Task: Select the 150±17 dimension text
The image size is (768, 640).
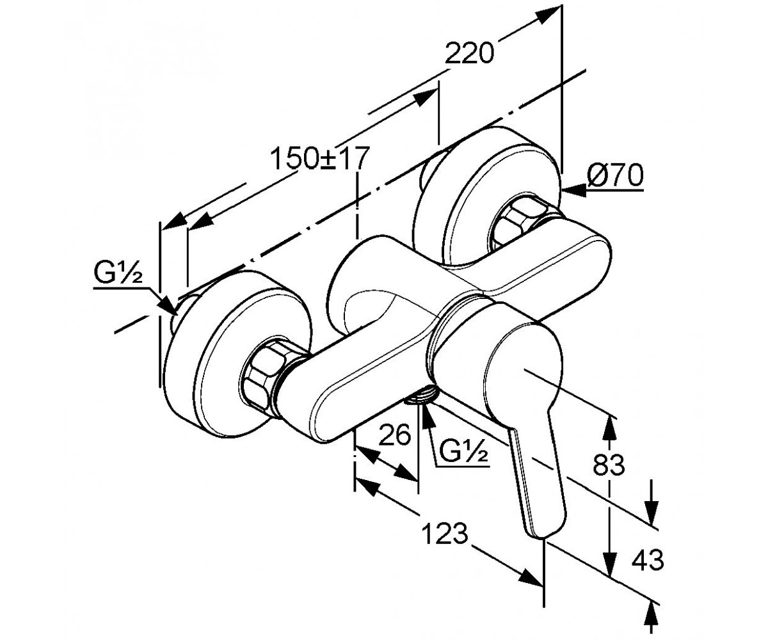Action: tap(319, 158)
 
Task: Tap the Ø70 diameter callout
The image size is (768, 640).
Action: tap(615, 176)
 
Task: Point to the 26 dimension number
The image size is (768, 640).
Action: tap(394, 434)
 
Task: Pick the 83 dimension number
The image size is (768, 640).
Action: tap(609, 465)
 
